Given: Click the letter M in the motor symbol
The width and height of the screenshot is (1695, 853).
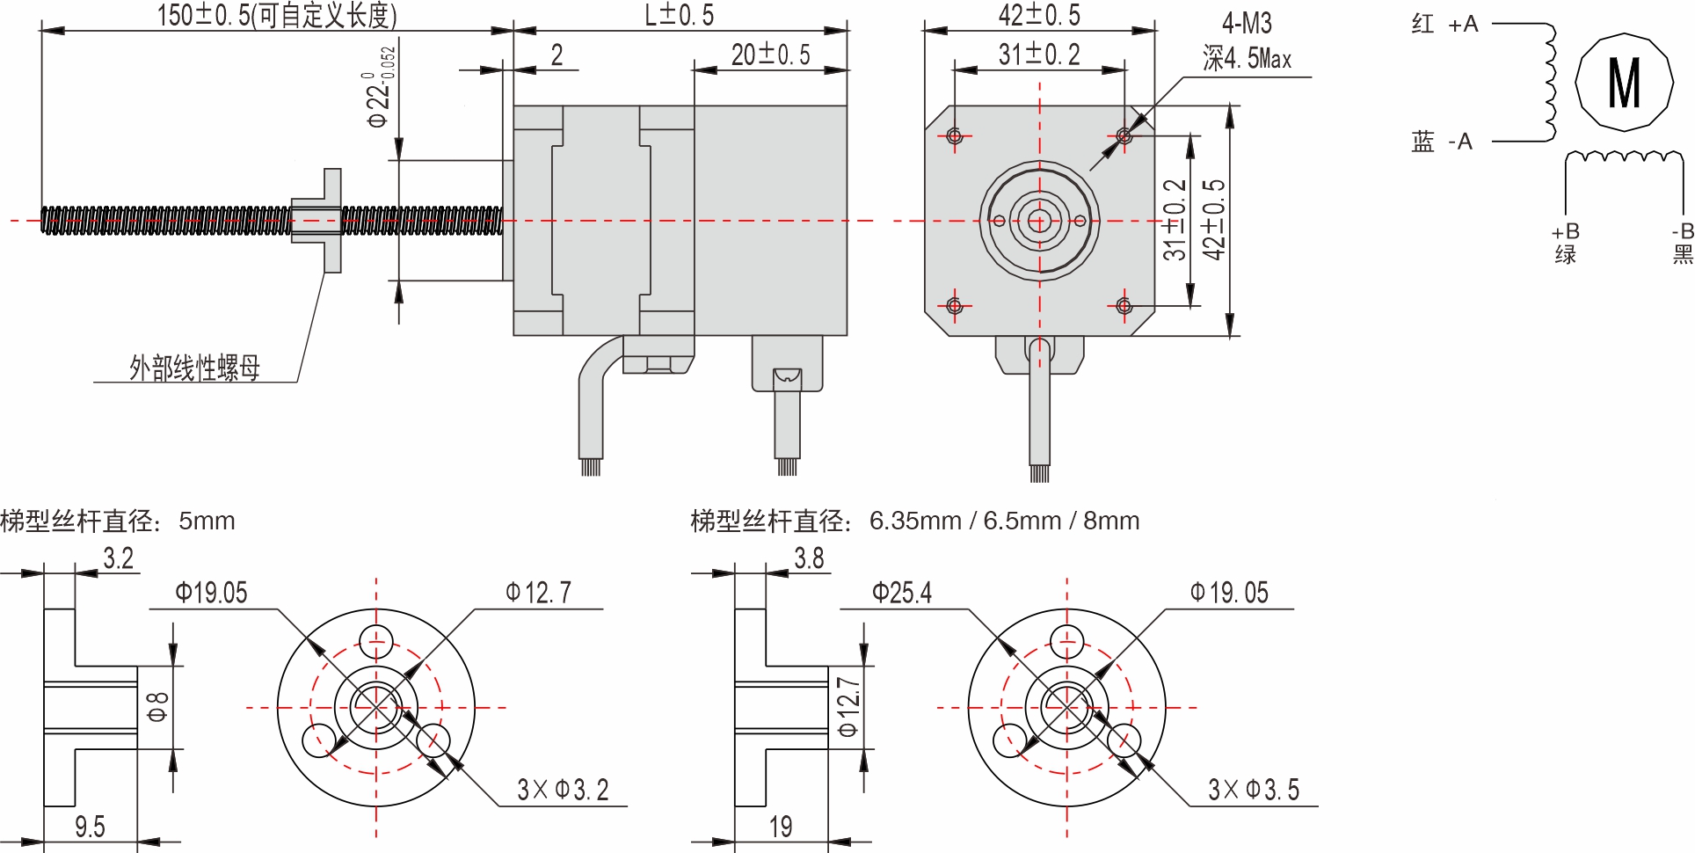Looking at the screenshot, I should (x=1624, y=84).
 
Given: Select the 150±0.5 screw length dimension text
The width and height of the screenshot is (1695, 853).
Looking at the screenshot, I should (x=277, y=15).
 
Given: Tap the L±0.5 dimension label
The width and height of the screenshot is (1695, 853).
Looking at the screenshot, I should (x=680, y=15).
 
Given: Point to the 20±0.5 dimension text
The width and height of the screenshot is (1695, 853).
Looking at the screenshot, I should (x=770, y=55).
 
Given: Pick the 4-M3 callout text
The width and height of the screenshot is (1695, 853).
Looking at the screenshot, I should (x=1247, y=24).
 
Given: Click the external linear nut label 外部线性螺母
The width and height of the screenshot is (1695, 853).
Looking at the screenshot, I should (x=194, y=368).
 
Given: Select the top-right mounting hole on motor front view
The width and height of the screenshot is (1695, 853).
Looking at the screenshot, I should (x=1124, y=135).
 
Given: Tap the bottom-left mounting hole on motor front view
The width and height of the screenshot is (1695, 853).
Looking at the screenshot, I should (x=955, y=305).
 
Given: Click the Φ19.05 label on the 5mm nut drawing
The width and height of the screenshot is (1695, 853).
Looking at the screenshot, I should (x=211, y=593).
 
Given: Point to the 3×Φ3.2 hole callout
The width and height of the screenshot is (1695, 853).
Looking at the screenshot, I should (x=563, y=790).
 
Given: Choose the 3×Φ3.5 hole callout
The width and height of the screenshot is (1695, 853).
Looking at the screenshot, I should (x=1254, y=790).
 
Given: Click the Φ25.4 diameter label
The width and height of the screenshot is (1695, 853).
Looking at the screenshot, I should (x=902, y=593).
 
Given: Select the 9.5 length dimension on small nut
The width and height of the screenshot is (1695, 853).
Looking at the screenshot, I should (x=90, y=827).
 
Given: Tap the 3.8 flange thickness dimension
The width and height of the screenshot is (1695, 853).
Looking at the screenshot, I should (x=809, y=558).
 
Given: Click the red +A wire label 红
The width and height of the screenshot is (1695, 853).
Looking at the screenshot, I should (x=1422, y=25).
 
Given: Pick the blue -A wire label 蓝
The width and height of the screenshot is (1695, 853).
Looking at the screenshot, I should (x=1422, y=142).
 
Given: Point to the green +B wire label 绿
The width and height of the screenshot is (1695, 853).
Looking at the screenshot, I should (x=1566, y=255).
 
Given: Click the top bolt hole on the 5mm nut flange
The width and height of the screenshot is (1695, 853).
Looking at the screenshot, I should (x=376, y=641).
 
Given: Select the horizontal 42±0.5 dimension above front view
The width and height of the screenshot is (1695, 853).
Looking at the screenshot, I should (x=1039, y=15).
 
